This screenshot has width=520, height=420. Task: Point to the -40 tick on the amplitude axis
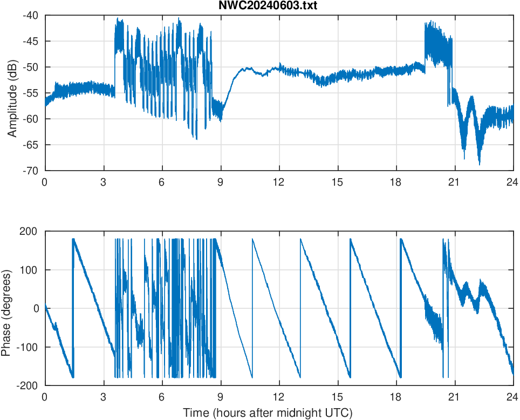tap(30, 15)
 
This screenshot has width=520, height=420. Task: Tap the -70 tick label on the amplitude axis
tap(30, 171)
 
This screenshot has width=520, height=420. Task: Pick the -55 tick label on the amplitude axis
tap(30, 93)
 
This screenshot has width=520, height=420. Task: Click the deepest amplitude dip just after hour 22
tap(479, 164)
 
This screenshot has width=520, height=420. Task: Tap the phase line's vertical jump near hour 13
tap(300, 308)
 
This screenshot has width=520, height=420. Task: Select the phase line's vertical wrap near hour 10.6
tap(252, 308)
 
